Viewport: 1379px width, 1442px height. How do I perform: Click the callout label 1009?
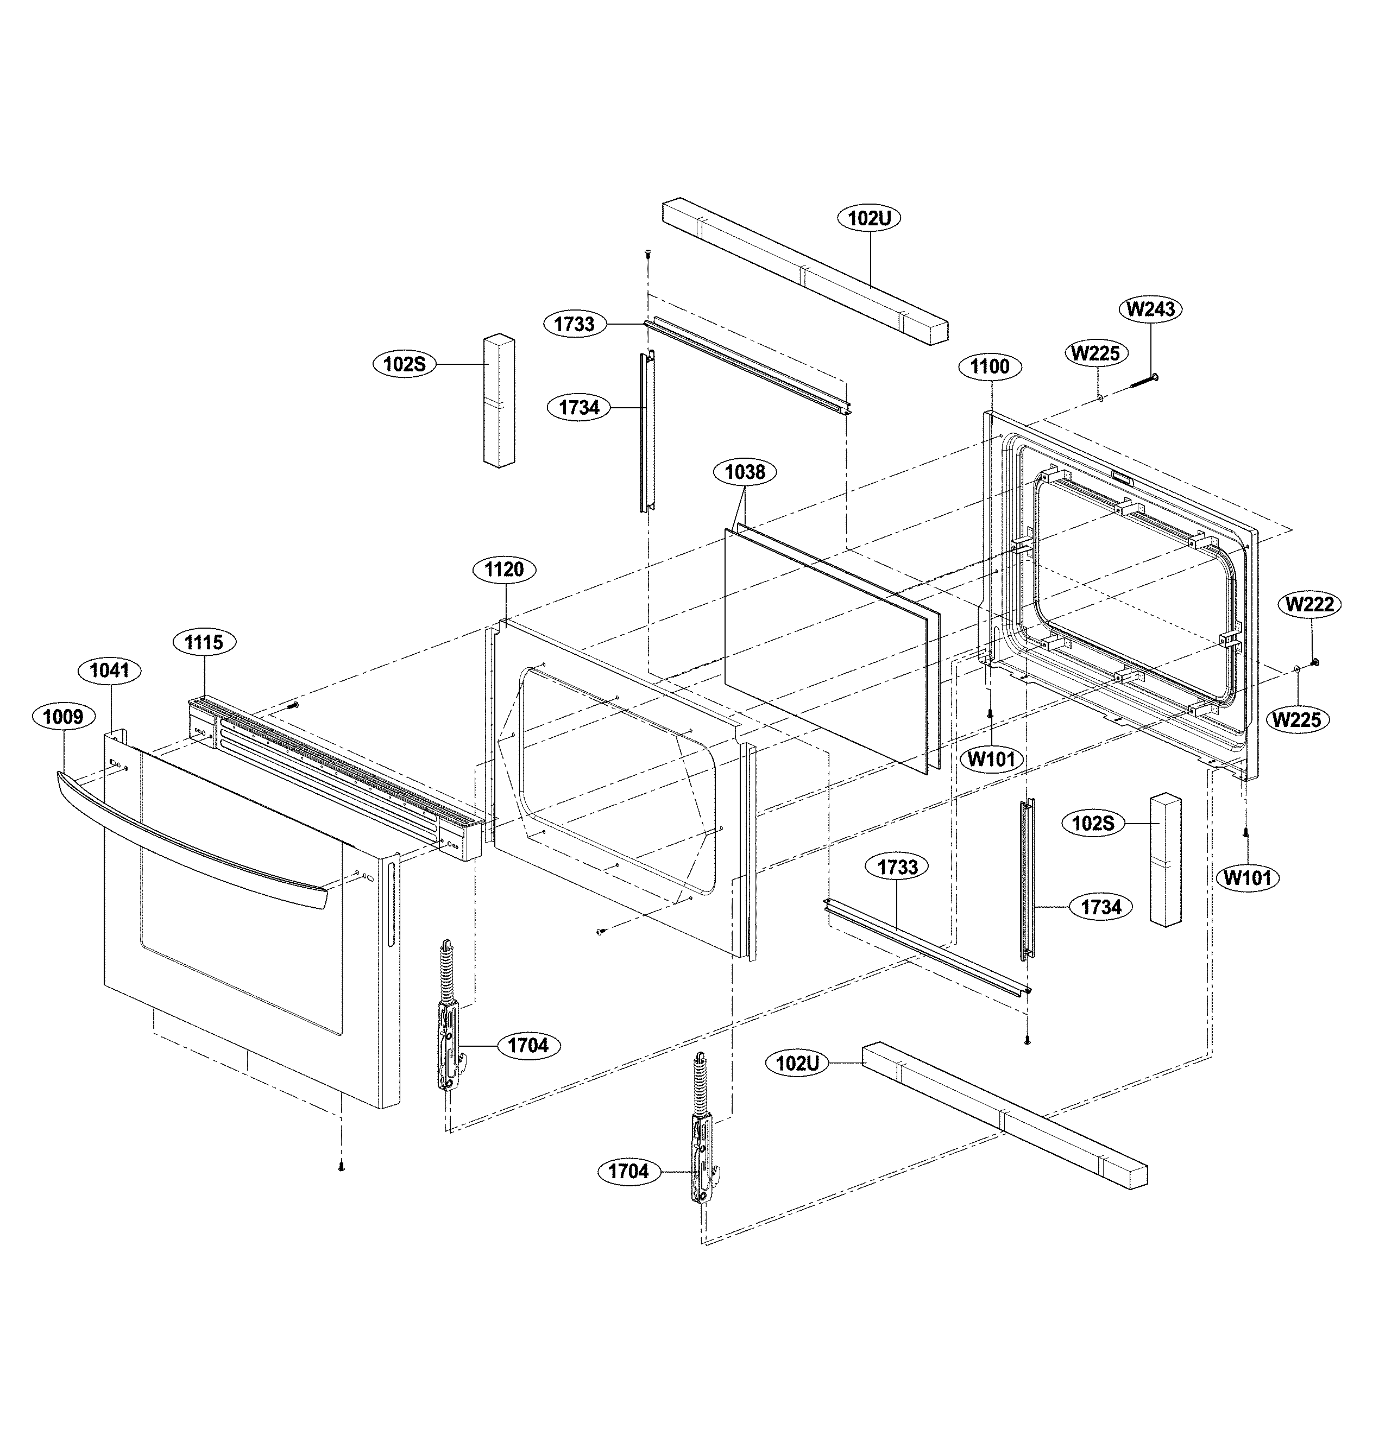(x=63, y=717)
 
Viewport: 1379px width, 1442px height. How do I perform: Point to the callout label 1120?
(x=504, y=570)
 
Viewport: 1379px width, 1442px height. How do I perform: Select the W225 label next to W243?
(x=1095, y=353)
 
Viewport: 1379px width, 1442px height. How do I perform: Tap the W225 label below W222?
(x=1298, y=719)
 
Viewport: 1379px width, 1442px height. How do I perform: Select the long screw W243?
(x=1138, y=382)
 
